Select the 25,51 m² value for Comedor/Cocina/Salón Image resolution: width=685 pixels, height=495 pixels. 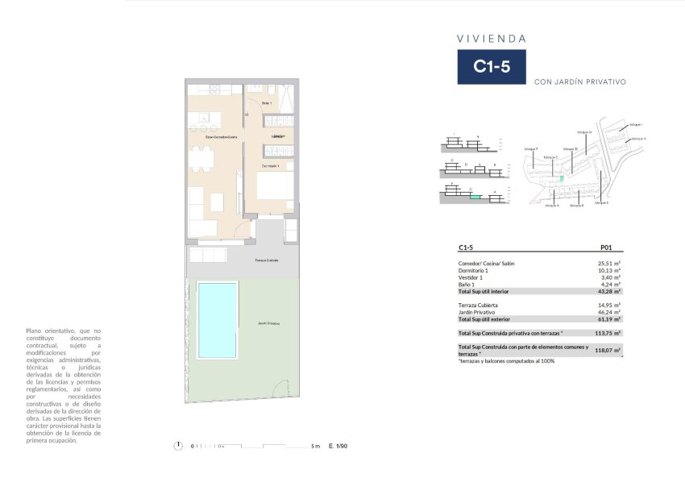pos(608,263)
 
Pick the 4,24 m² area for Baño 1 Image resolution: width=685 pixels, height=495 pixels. pos(610,284)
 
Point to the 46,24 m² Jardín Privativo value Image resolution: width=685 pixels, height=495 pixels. pos(608,312)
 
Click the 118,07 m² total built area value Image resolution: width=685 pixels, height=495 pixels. pos(608,350)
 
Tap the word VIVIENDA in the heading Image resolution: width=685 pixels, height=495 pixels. pos(492,38)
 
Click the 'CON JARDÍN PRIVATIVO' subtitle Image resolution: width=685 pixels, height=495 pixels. pos(579,81)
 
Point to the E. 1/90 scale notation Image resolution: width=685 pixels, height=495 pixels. pos(338,446)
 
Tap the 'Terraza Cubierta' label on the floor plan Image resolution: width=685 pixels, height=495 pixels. pos(266,261)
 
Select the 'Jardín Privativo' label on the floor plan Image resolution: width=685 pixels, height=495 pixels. pos(269,323)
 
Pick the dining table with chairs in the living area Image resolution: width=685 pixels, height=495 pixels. pos(201,159)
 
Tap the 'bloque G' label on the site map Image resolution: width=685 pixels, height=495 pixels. pos(584,131)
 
